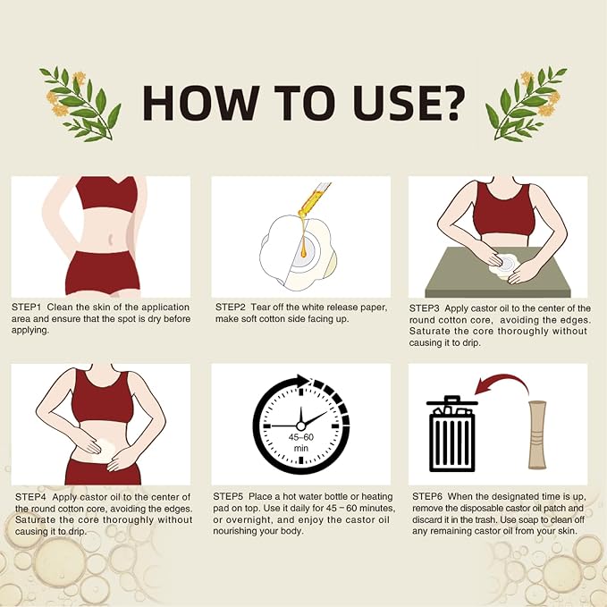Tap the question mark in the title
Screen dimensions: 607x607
449,102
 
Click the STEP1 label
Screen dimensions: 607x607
26,308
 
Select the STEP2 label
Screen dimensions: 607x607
231,308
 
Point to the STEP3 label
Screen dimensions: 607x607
425,308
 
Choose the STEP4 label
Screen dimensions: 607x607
30,497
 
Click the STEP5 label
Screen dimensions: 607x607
228,496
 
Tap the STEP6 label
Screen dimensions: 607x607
427,496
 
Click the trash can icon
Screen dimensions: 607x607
451,434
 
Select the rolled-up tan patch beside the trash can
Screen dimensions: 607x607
537,434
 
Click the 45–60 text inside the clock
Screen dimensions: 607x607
300,437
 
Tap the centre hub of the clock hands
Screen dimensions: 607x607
300,426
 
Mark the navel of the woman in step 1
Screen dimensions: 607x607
111,239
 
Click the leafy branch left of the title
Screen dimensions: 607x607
80,104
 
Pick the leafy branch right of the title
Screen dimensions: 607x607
527,104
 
